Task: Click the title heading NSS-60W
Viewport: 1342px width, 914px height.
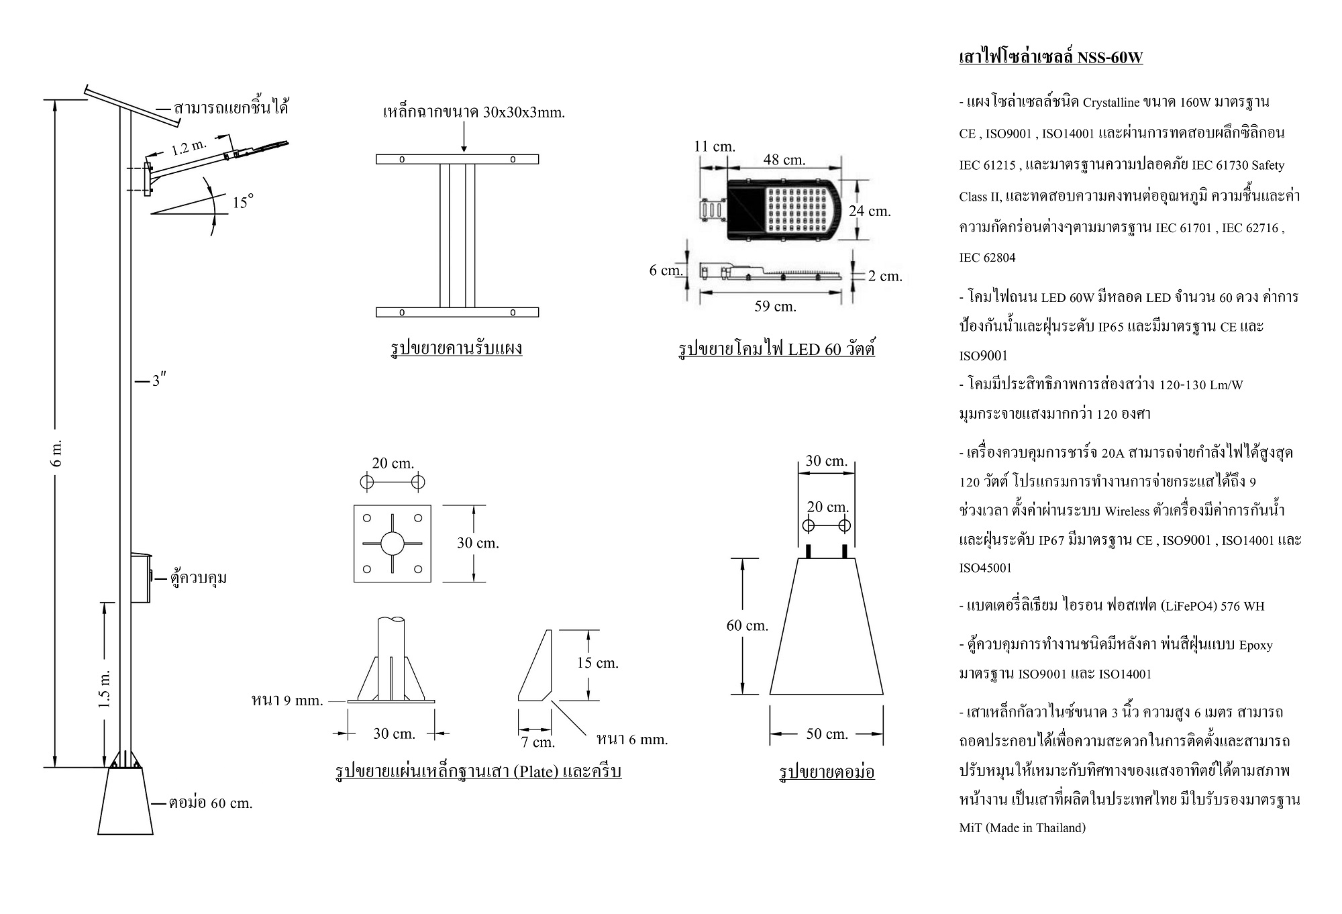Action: click(x=1051, y=57)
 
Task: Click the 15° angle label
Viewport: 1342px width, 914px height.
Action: click(x=243, y=201)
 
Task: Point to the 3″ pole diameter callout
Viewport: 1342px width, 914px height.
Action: click(x=158, y=381)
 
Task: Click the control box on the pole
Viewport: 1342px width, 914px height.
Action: click(x=140, y=578)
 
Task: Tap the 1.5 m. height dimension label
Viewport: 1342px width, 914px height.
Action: click(x=105, y=689)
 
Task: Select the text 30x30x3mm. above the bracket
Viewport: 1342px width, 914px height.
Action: click(x=523, y=112)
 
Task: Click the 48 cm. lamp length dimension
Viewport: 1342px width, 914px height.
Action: click(x=784, y=160)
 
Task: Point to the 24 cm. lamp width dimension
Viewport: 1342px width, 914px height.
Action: click(x=870, y=211)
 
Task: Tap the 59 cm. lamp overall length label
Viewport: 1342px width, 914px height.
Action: click(x=775, y=306)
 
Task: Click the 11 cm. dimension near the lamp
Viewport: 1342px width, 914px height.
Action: click(x=715, y=146)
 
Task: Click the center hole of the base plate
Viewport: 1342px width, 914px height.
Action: click(x=393, y=543)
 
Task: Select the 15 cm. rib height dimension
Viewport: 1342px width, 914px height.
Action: click(x=597, y=663)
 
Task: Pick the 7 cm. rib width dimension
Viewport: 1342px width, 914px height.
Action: click(x=538, y=742)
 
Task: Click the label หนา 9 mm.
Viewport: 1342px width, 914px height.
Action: click(x=287, y=701)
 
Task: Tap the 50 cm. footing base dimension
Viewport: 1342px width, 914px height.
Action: click(x=827, y=734)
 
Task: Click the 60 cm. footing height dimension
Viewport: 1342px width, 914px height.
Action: click(x=747, y=625)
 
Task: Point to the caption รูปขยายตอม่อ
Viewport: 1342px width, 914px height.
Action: click(x=827, y=772)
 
